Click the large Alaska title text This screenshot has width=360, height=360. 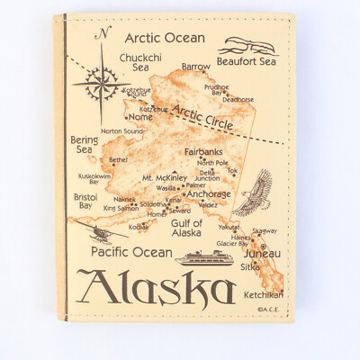click(157, 290)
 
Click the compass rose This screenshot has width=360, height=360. click(100, 88)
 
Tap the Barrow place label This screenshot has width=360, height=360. click(195, 67)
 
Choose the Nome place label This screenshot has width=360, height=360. click(140, 117)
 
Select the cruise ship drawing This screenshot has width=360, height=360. click(206, 258)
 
